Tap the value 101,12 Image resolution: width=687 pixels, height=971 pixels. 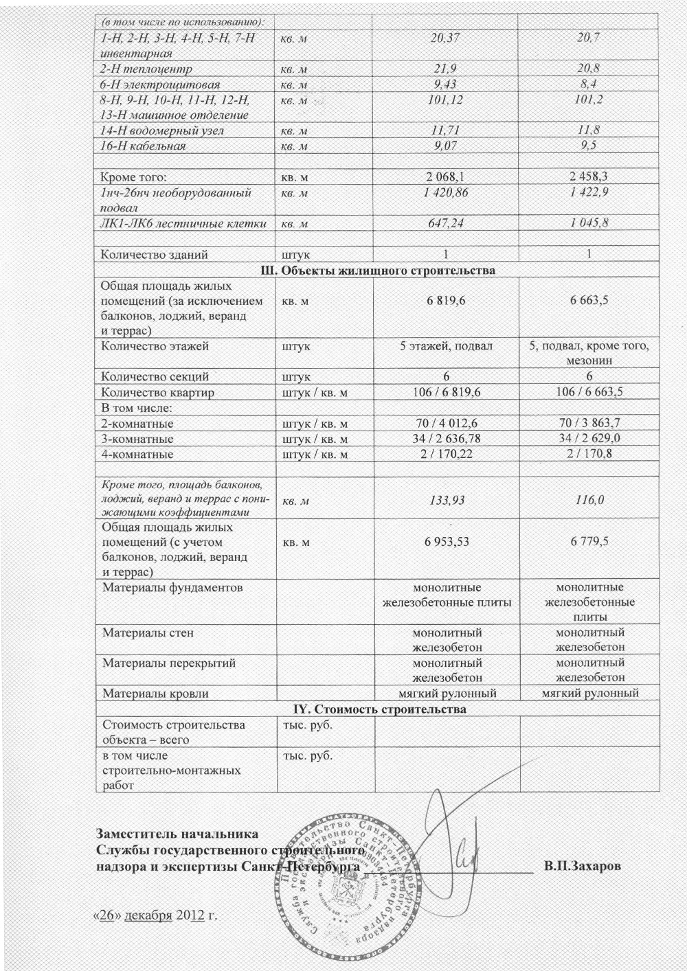point(445,100)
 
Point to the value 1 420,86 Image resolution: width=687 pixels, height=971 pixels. point(445,193)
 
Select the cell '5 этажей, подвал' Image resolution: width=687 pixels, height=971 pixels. point(446,346)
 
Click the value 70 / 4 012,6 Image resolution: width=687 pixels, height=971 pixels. point(446,424)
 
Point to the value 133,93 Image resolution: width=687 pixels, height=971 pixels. point(445,501)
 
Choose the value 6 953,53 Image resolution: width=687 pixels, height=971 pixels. point(446,542)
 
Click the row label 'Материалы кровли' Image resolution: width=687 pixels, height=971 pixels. point(155,694)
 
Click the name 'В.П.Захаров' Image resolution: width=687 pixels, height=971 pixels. point(583,866)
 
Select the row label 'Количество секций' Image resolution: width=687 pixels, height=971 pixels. point(155,377)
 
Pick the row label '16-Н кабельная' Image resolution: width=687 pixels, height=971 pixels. point(143,146)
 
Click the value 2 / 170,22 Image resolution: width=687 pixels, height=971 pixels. point(446,454)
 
